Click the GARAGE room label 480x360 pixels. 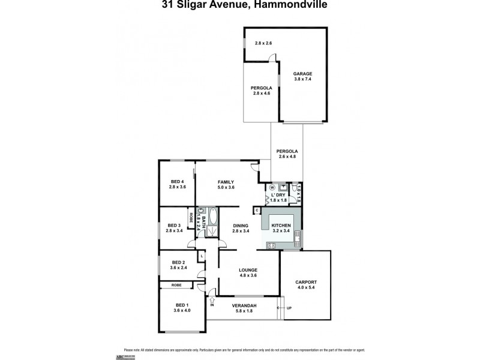[302, 73]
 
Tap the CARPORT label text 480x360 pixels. [305, 281]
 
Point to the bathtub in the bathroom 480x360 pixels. [213, 223]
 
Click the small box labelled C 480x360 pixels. [256, 210]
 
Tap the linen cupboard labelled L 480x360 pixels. [202, 256]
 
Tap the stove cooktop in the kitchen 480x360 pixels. [271, 245]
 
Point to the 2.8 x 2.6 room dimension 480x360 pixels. [263, 43]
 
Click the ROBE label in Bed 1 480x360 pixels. [176, 285]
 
